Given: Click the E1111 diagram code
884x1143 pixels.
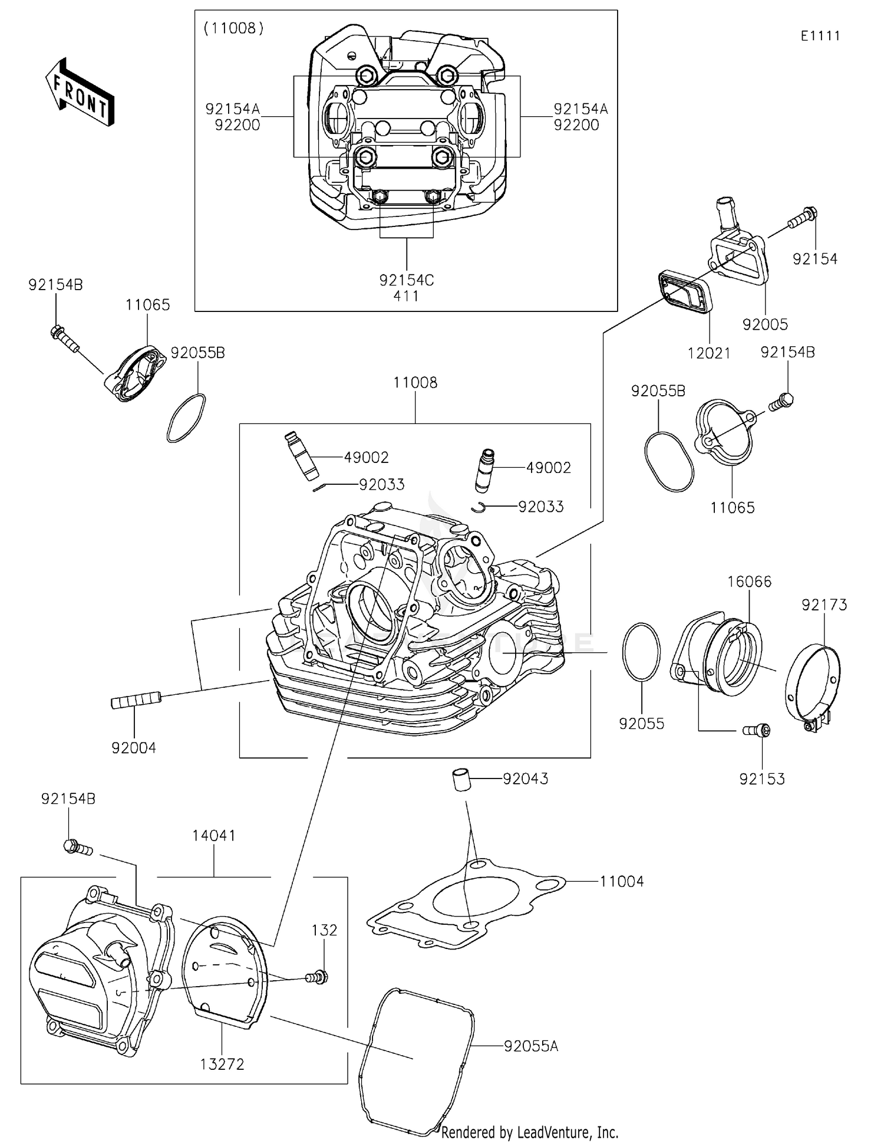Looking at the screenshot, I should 820,36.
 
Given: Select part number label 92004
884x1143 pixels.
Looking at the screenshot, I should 134,748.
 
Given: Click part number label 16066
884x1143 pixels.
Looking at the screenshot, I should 749,582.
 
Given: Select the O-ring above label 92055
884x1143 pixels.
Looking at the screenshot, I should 641,652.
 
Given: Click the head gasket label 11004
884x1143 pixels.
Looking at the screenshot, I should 622,882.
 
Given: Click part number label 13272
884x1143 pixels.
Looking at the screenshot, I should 222,1064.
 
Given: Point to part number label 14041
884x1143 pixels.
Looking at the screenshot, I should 213,835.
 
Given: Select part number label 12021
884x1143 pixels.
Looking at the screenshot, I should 708,353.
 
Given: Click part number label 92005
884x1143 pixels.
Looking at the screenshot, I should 765,324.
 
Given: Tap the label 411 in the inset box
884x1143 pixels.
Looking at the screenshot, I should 406,296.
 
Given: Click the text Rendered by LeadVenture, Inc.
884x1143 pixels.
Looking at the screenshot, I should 529,1132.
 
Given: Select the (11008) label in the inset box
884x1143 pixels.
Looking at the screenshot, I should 233,28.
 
